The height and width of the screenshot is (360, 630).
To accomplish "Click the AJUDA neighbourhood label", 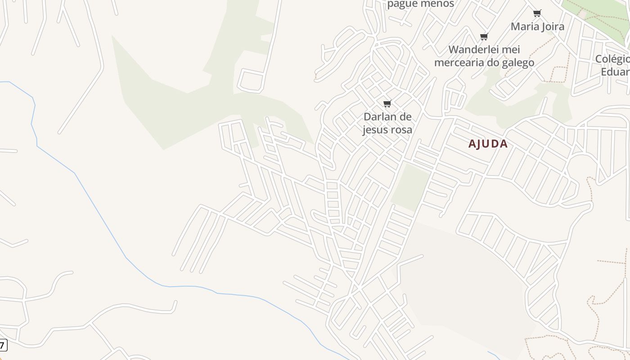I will click(x=488, y=144).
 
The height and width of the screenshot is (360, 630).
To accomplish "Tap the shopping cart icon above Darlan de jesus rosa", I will click(x=387, y=104).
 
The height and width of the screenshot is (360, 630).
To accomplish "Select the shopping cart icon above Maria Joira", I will click(x=537, y=13).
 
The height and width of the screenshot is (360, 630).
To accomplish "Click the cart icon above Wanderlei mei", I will click(x=484, y=37).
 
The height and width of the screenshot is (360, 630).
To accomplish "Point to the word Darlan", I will click(x=380, y=117).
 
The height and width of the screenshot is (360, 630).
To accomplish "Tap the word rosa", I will click(x=401, y=130).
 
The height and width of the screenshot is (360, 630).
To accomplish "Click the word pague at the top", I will click(x=401, y=4).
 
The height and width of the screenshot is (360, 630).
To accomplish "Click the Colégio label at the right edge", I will click(x=612, y=59).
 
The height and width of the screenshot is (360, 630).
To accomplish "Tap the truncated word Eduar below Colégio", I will click(x=615, y=72).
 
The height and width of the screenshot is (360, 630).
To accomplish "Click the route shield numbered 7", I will click(x=3, y=346).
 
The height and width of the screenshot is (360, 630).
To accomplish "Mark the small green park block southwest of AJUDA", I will click(x=410, y=187).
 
